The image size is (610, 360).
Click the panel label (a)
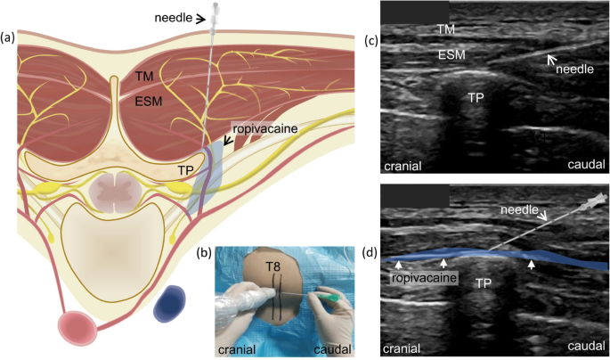[8, 37]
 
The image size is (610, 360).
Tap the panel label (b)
[205, 253]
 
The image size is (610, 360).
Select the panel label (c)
[371, 40]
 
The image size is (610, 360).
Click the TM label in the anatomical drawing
[144, 76]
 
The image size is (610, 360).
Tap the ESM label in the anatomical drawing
[148, 102]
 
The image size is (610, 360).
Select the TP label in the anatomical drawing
[186, 170]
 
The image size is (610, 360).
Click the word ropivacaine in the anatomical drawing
[265, 129]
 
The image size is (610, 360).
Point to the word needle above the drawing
[174, 18]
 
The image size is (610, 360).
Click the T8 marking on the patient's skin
[274, 267]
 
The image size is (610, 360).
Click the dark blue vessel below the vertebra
[169, 304]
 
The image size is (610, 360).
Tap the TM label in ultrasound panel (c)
[446, 29]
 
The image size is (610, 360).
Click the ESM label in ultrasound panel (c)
[451, 55]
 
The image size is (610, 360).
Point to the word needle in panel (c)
[574, 70]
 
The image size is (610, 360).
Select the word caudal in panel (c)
[586, 164]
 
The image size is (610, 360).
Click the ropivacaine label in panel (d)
[424, 278]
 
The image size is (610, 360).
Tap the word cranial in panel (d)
[402, 348]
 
